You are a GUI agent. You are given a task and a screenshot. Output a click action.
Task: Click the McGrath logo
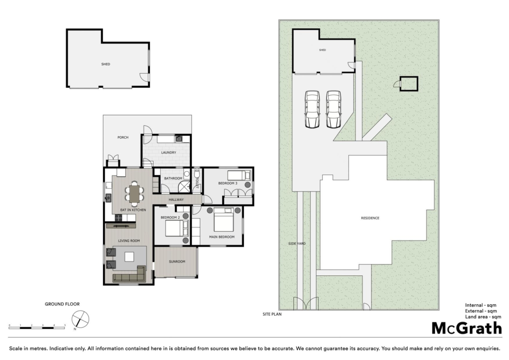click(466, 328)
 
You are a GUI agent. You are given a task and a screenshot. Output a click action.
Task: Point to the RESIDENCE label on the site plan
click(370, 218)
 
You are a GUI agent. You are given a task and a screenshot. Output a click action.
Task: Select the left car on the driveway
click(312, 109)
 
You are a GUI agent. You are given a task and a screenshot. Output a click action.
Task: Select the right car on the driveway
click(333, 109)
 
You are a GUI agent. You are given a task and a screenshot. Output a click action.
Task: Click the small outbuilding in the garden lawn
click(409, 84)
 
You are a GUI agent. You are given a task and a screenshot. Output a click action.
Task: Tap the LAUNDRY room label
click(169, 153)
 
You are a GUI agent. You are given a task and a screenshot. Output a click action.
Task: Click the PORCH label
click(123, 137)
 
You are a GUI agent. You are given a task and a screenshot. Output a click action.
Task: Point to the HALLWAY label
click(176, 199)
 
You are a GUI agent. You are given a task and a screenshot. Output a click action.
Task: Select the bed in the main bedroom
click(223, 219)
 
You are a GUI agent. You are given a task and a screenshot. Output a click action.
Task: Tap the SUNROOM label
click(176, 261)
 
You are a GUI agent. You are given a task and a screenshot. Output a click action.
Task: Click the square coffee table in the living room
click(129, 257)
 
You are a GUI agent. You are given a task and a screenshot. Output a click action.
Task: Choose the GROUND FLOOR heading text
click(62, 304)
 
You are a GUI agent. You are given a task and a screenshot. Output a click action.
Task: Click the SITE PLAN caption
click(272, 314)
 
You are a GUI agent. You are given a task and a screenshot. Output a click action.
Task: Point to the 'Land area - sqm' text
click(483, 317)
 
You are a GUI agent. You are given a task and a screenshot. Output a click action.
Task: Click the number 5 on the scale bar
click(65, 325)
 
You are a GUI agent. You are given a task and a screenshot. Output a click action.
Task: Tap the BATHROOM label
click(173, 179)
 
